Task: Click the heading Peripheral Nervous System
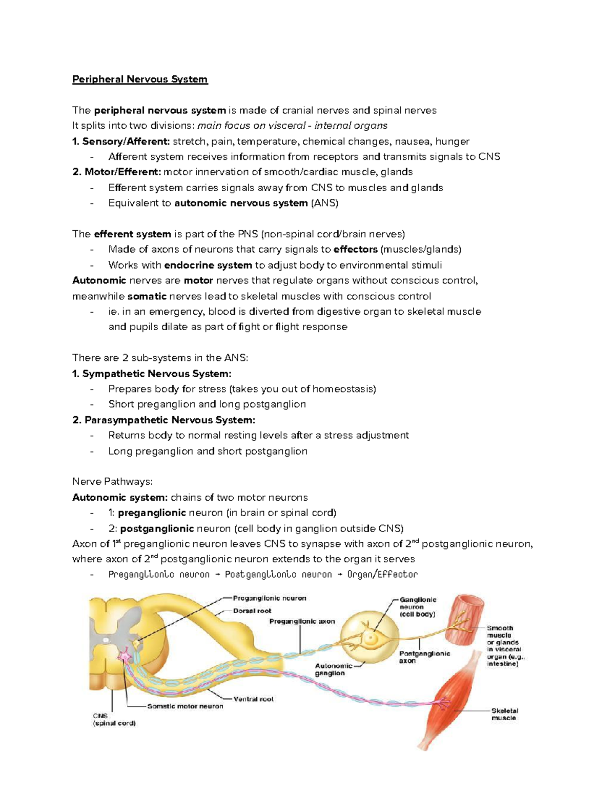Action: coord(139,79)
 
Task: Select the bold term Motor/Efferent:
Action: coord(117,172)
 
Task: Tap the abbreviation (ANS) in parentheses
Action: coord(324,203)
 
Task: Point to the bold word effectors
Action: coord(355,250)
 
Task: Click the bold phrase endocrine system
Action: coord(208,266)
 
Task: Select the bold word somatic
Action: coord(147,296)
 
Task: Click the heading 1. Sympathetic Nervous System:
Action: coord(152,374)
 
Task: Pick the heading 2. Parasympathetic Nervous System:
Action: coord(163,420)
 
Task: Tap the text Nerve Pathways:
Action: coord(112,482)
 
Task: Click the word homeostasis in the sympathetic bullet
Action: coord(343,389)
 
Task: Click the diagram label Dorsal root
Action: coord(252,611)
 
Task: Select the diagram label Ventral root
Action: coord(253,699)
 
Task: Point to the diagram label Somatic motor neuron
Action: coord(185,706)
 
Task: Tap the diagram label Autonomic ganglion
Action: coord(333,669)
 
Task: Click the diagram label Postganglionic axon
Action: coord(424,657)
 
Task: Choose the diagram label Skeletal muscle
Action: coord(504,715)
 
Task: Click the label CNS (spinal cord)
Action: coord(114,720)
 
